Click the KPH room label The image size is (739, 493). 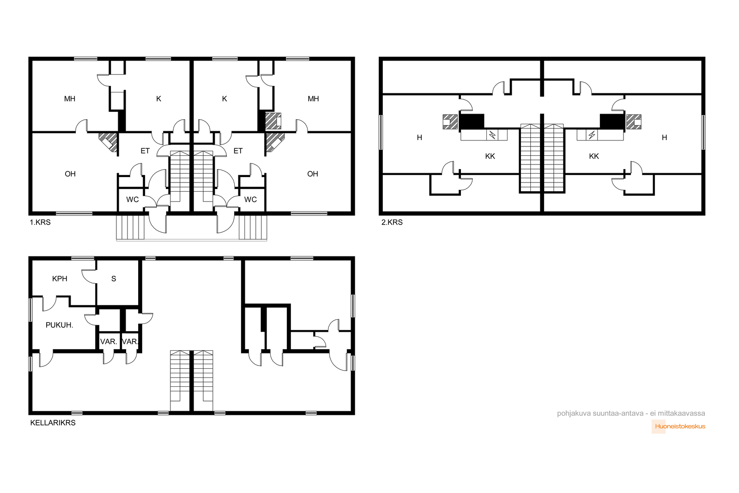[60, 279]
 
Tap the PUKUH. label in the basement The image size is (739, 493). [60, 325]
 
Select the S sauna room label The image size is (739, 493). [114, 279]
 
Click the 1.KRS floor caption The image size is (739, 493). [40, 222]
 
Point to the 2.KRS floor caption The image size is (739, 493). [392, 222]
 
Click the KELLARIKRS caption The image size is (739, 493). [53, 423]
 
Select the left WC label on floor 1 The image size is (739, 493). [133, 200]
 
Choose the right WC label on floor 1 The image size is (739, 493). [250, 200]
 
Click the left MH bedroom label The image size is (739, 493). [70, 99]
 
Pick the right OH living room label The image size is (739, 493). [313, 174]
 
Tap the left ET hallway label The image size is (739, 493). [145, 151]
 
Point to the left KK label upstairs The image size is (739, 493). [490, 156]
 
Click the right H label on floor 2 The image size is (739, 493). [665, 138]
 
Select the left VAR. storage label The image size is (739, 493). [109, 341]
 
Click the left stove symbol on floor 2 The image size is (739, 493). [492, 135]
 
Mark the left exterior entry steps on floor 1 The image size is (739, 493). [130, 227]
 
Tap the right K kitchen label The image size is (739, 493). [224, 99]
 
